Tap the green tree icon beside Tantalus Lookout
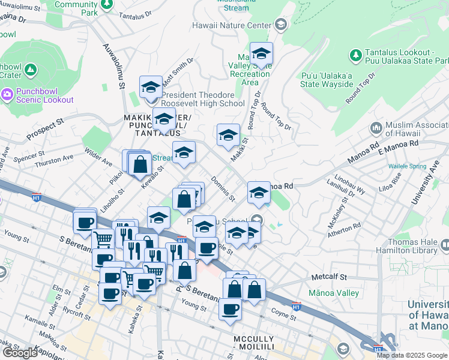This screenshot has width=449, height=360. (x=355, y=55)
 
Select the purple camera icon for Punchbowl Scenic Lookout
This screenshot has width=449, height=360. (x=7, y=94)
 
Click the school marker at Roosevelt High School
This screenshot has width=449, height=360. (x=151, y=88)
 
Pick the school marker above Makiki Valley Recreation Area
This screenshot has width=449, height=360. (x=261, y=54)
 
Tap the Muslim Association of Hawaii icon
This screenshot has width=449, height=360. (x=376, y=128)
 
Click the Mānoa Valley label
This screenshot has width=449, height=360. (x=333, y=293)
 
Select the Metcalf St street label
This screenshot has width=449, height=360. (x=330, y=277)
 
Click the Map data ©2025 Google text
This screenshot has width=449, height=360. (x=412, y=355)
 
